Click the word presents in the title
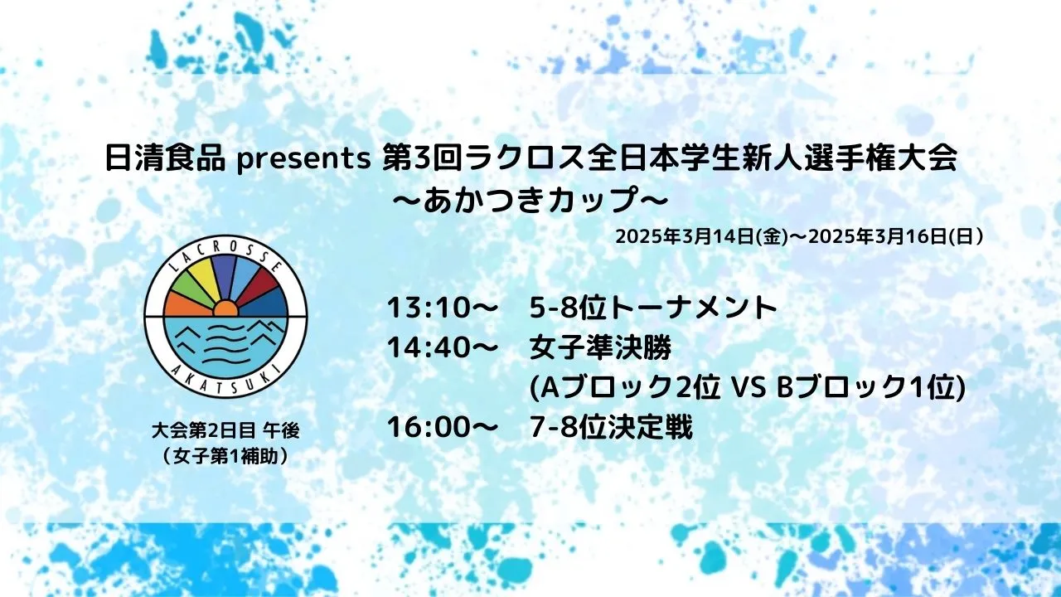(x=303, y=160)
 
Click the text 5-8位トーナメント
(x=654, y=308)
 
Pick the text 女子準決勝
(x=601, y=347)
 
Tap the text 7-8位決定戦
(x=611, y=427)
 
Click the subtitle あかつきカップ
(x=530, y=200)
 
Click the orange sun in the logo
(x=225, y=309)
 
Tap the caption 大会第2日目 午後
(x=225, y=430)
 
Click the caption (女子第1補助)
(x=225, y=456)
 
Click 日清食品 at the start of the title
(x=165, y=159)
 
